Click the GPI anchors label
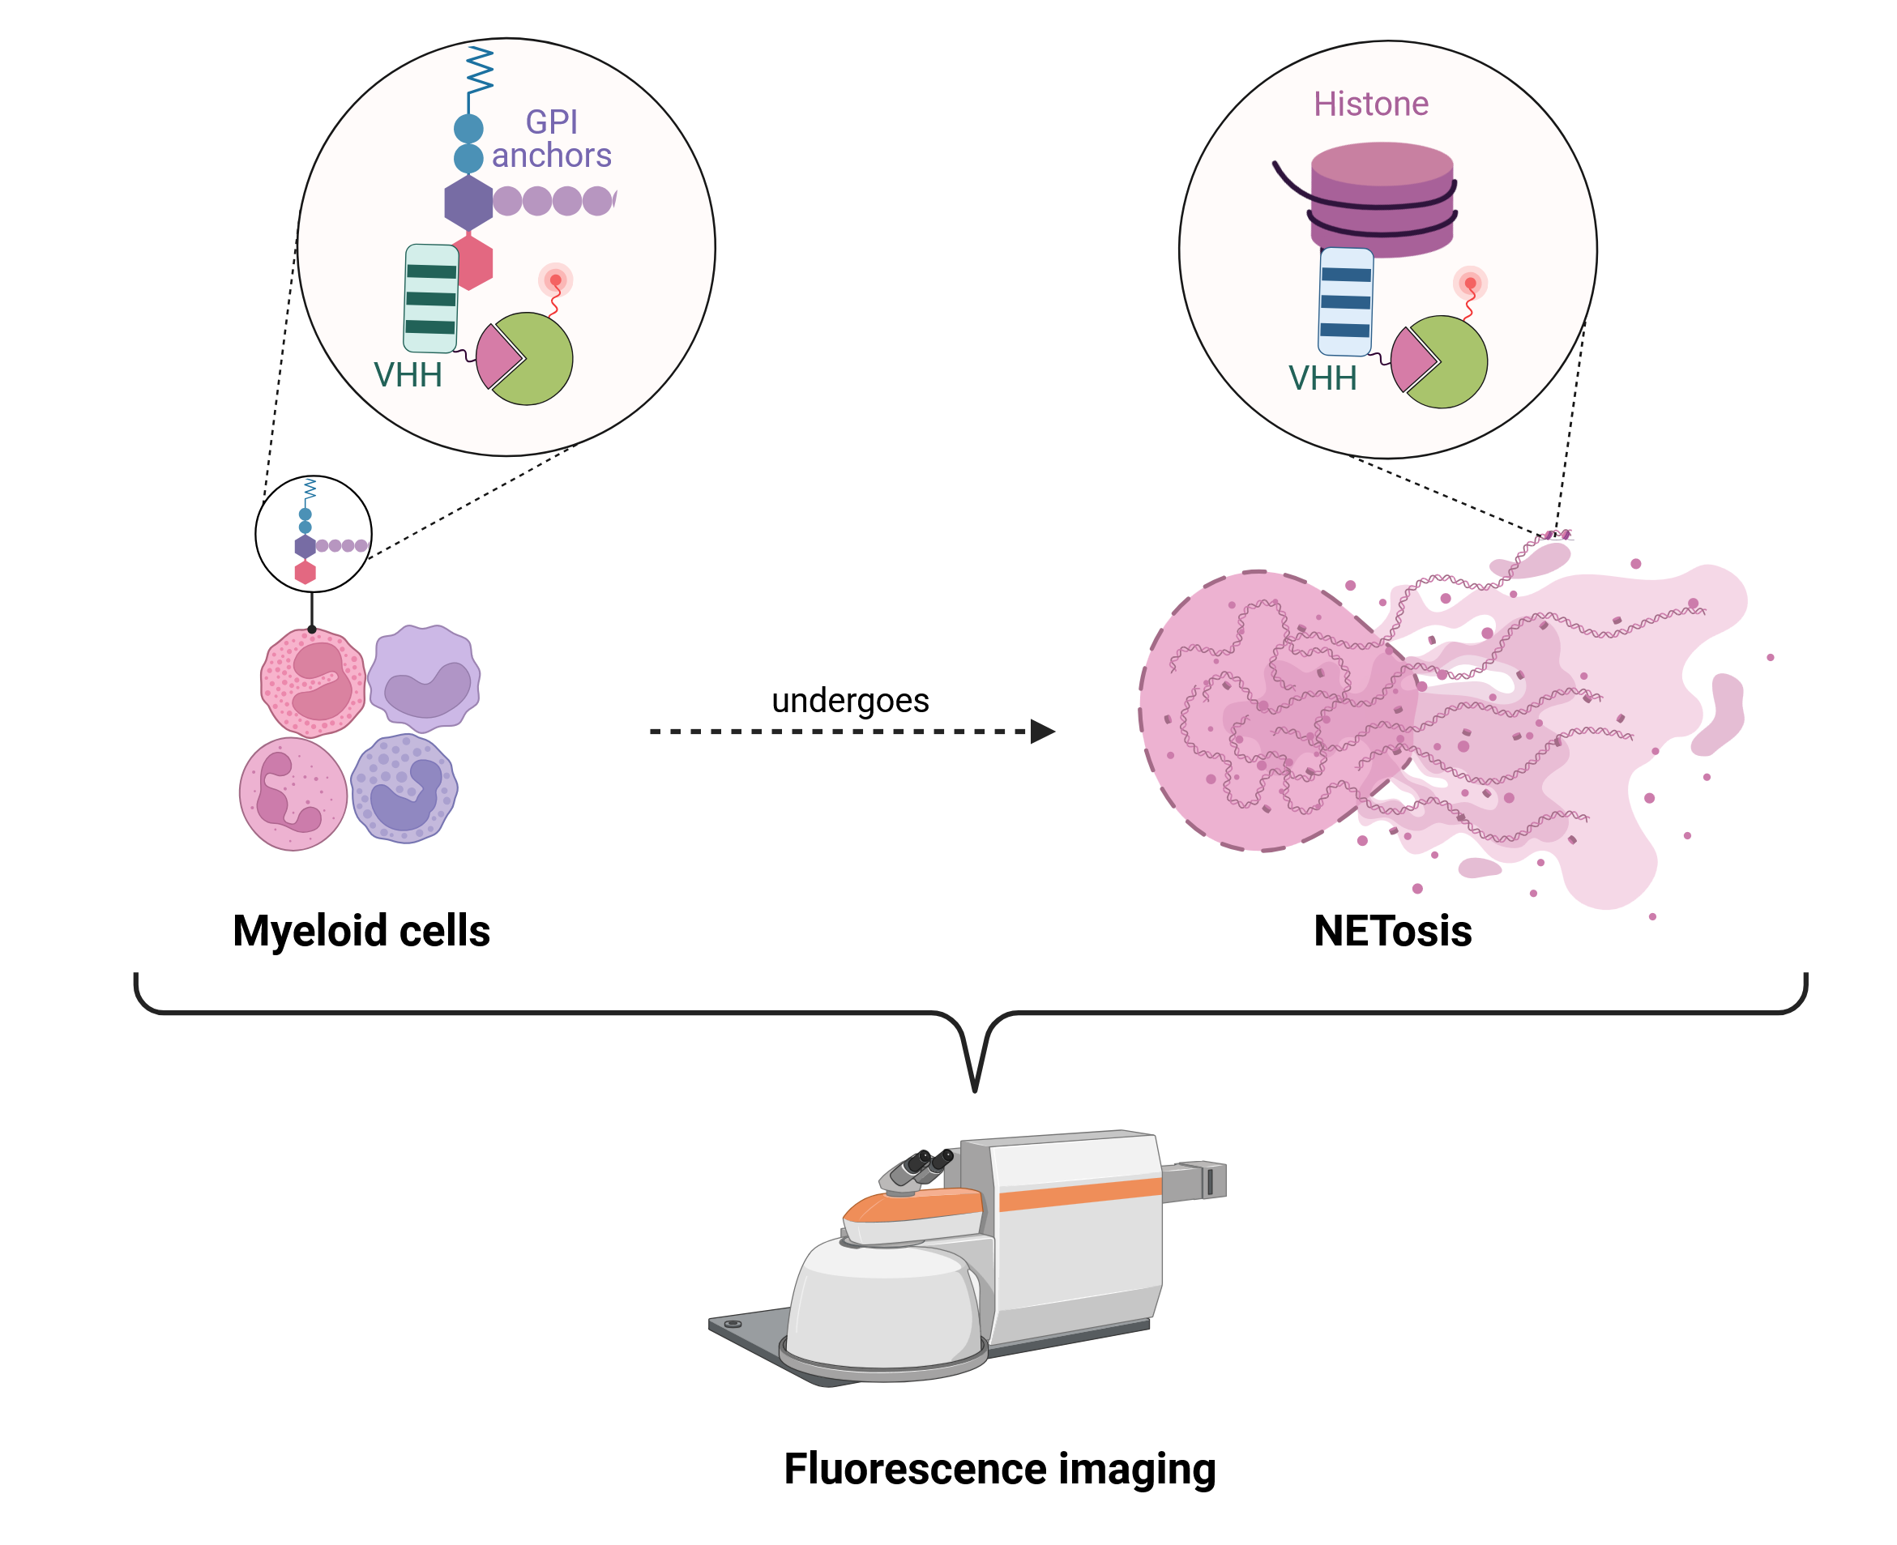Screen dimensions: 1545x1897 coord(550,138)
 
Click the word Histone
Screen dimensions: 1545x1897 coord(1370,105)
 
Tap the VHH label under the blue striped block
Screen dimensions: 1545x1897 coord(1322,378)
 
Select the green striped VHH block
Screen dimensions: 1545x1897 coord(431,298)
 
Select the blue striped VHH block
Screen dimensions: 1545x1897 coord(1344,301)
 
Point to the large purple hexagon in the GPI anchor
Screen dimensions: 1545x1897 coord(468,202)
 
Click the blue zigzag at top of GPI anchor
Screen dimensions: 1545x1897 coord(479,70)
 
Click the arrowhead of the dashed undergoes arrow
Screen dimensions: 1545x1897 coord(1041,732)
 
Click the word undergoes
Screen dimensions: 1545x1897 coord(850,701)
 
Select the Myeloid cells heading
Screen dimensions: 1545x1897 coord(361,931)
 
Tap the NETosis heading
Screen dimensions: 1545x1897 coord(1392,931)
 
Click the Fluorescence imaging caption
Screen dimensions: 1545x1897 coord(999,1469)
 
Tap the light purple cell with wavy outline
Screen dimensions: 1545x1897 coord(425,678)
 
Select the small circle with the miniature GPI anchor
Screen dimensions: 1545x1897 coord(314,534)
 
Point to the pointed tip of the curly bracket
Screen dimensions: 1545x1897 coord(975,1087)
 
